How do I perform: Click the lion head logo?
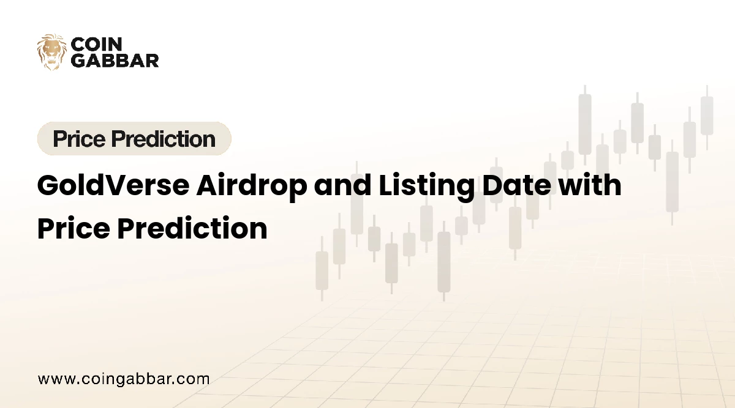click(51, 52)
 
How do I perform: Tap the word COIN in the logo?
click(97, 44)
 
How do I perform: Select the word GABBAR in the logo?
click(115, 61)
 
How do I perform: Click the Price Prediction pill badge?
click(134, 138)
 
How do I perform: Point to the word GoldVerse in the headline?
click(113, 185)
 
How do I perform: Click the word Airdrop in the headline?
click(252, 187)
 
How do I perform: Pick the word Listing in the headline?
click(426, 187)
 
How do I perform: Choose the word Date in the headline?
click(516, 185)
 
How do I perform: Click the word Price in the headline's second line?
click(73, 228)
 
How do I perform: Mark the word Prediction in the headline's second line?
click(192, 228)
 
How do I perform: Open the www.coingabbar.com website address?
click(124, 379)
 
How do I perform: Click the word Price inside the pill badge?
click(80, 139)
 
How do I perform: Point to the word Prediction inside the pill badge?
click(164, 139)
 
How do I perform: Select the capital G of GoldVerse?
click(48, 185)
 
